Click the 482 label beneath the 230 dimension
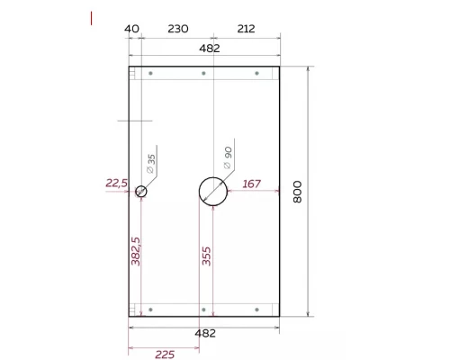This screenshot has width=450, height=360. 209,49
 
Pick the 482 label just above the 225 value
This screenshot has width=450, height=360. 205,332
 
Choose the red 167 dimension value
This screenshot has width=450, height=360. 252,184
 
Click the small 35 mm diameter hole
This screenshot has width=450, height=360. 141,191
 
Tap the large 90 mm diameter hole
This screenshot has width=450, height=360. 211,191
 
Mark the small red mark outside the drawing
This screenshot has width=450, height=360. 92,17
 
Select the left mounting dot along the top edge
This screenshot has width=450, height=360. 151,73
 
